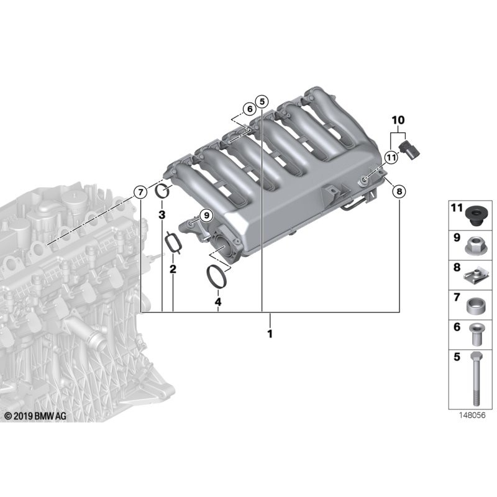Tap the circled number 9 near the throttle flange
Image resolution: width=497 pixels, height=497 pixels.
(x=206, y=215)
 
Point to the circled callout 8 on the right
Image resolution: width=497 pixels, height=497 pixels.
(x=398, y=191)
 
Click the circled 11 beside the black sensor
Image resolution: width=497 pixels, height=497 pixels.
(x=390, y=157)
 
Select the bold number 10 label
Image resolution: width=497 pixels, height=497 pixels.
(x=398, y=119)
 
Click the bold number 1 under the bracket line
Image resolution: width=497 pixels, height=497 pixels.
(x=270, y=334)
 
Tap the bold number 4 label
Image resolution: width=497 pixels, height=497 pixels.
(x=217, y=302)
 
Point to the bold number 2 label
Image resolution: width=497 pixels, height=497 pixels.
(x=173, y=269)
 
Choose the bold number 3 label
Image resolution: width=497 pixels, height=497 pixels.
(x=162, y=215)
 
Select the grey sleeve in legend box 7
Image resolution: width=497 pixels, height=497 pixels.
(x=474, y=306)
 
